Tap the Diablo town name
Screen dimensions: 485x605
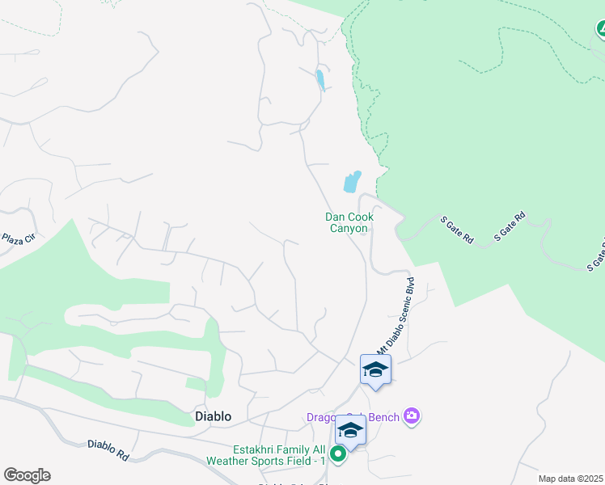(214, 416)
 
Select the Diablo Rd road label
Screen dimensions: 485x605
(108, 449)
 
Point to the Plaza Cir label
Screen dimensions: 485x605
(18, 240)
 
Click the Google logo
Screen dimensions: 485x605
(27, 475)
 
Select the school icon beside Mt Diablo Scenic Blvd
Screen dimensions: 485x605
(375, 370)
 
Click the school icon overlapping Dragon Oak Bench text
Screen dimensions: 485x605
(350, 429)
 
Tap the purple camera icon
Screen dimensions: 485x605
(412, 416)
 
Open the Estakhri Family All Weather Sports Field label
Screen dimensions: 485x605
(278, 454)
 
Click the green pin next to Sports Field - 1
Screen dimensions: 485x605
(338, 454)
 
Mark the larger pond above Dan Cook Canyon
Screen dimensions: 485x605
(352, 181)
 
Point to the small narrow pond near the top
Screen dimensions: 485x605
(320, 80)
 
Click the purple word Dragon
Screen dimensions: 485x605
(324, 417)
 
